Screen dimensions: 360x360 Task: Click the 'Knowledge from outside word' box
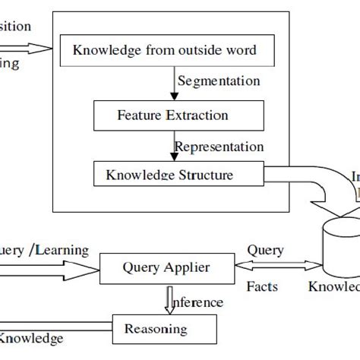pyautogui.click(x=164, y=51)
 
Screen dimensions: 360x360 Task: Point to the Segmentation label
pyautogui.click(x=217, y=81)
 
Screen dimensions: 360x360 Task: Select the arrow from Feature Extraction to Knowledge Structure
pyautogui.click(x=174, y=147)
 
